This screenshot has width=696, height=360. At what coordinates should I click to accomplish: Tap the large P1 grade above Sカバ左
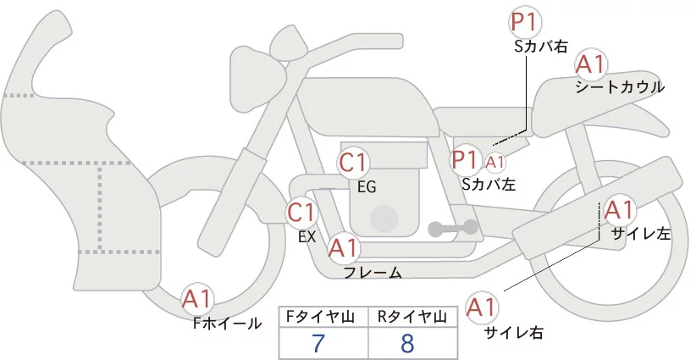[x=466, y=159]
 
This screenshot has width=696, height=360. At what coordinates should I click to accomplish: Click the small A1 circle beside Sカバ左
[x=495, y=160]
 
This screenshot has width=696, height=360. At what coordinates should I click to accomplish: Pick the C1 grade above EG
[x=354, y=163]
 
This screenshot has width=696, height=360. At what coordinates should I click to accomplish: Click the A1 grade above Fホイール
[x=198, y=299]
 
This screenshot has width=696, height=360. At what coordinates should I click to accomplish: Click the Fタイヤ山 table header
[x=323, y=317]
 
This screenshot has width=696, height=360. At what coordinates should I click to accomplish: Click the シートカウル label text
[x=620, y=87]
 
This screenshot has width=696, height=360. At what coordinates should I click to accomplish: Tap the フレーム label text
[x=373, y=272]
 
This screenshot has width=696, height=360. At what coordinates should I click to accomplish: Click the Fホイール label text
[x=228, y=323]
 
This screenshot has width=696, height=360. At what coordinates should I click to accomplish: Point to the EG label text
[x=367, y=186]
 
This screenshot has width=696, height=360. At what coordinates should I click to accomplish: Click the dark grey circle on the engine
[x=385, y=218]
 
